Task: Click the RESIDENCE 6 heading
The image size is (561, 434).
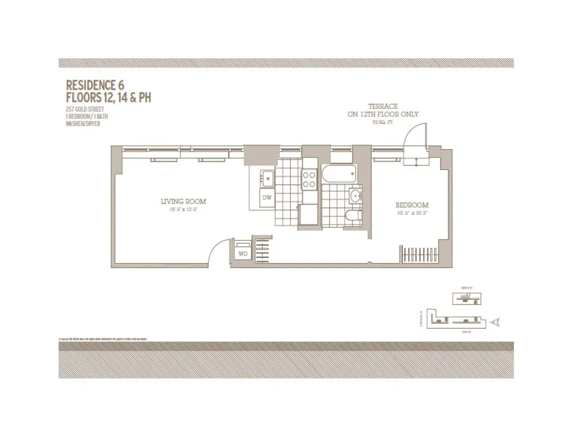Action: (x=95, y=85)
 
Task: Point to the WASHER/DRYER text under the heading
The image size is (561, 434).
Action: (x=83, y=123)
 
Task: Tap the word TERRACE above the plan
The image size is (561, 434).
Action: (x=383, y=106)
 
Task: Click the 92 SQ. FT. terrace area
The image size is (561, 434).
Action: (x=383, y=121)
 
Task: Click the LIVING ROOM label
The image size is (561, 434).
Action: (x=183, y=201)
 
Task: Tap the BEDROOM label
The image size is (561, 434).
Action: (x=412, y=205)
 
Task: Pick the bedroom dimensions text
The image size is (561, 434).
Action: (x=412, y=213)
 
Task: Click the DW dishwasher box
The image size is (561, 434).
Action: (x=267, y=197)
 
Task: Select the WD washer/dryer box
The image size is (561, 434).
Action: (x=243, y=253)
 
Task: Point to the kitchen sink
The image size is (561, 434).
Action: (x=267, y=179)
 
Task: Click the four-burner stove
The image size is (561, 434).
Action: (x=310, y=179)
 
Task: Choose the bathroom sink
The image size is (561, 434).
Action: (x=355, y=196)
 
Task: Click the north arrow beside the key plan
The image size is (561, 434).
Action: (x=495, y=322)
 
